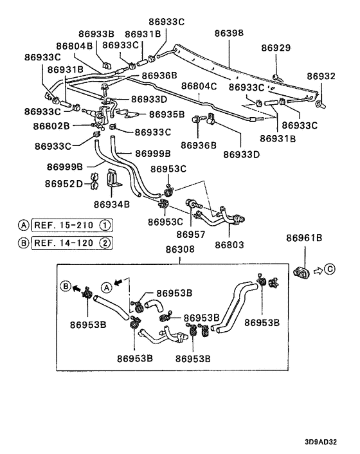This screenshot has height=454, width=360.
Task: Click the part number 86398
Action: pos(229,33)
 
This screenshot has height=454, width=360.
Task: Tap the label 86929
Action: pos(276,48)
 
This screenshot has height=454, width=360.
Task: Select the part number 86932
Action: pos(321,76)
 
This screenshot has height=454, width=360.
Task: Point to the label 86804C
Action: pos(199,86)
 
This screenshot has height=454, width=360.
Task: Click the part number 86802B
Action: pos(51,126)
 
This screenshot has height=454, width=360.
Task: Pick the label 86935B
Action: pos(166,114)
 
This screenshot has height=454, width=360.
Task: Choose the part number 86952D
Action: pos(64,183)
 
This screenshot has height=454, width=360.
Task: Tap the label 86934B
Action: pos(112,204)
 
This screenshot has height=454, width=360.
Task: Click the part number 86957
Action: pos(191,234)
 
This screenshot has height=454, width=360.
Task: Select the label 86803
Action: pos(230,245)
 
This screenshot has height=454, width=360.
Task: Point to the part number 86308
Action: pos(180,250)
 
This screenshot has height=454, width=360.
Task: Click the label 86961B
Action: pos(304,238)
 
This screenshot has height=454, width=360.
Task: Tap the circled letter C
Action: pos(330,269)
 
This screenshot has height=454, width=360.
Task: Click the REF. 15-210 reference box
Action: pos(72,225)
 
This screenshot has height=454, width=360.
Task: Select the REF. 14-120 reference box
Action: pos(72,243)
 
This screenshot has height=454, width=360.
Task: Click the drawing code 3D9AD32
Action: pos(321,442)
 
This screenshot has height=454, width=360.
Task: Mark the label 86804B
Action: pos(74,46)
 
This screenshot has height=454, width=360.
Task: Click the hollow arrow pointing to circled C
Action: pos(318,271)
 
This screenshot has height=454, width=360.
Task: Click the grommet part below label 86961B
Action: pos(301,272)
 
